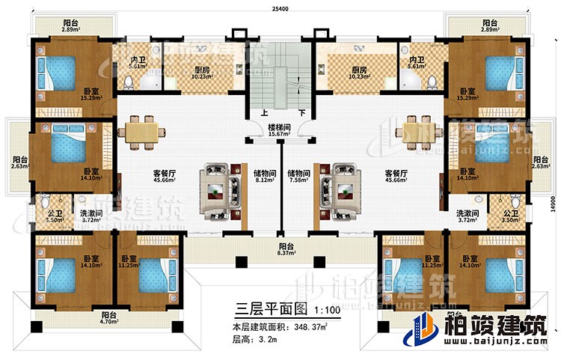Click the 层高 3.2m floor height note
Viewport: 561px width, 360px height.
pos(257,341)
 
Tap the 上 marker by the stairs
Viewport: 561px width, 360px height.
pos(264,115)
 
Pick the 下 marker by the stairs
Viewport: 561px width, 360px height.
pos(301,115)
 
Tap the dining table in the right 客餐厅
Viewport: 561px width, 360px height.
pos(416,132)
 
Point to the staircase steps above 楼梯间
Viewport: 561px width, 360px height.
pos(281,75)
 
